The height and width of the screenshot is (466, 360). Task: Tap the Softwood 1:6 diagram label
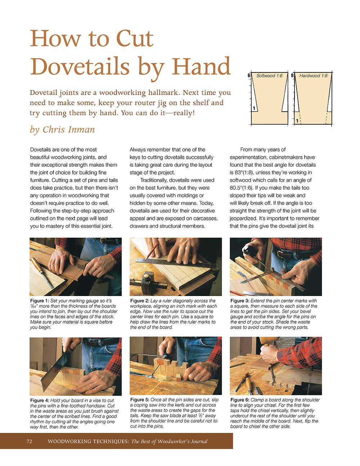[x=269, y=76]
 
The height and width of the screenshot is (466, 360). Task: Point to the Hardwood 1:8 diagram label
[x=313, y=76]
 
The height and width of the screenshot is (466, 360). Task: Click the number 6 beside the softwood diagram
[x=249, y=76]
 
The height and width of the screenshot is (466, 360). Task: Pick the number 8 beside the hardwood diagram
[x=292, y=76]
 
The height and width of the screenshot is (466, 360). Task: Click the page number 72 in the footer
[x=29, y=441]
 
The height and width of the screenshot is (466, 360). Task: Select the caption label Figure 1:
[x=39, y=301]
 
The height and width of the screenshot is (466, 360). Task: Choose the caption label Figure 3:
[x=240, y=301]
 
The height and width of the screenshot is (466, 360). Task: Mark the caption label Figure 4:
[x=39, y=400]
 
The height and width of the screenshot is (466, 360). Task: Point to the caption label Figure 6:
[x=240, y=400]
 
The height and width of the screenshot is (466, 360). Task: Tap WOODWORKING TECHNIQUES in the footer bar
[x=88, y=441]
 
